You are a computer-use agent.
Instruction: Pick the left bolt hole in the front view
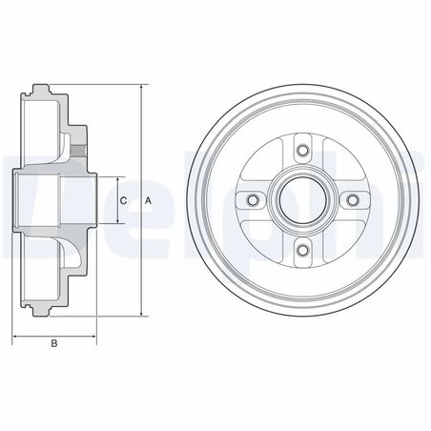click(253, 199)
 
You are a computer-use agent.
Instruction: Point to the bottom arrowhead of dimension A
click(141, 314)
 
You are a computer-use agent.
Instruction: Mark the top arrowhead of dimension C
click(116, 178)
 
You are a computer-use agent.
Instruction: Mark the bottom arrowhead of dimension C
click(116, 221)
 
